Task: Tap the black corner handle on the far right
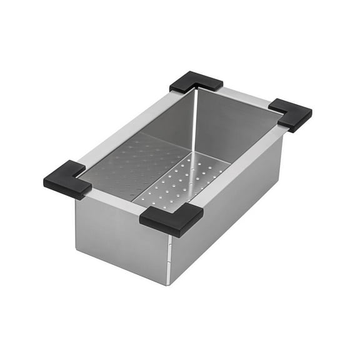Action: pos(291,114)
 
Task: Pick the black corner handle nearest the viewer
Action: pos(171,219)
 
